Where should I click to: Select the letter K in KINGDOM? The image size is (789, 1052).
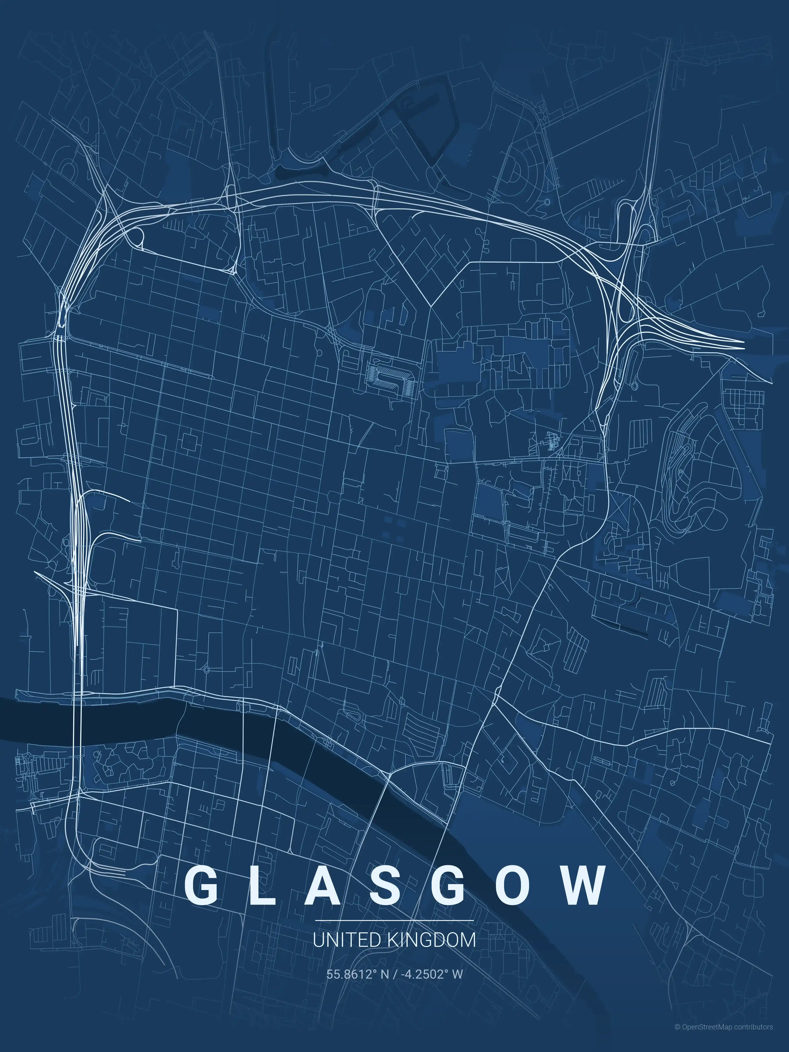coord(393,940)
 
